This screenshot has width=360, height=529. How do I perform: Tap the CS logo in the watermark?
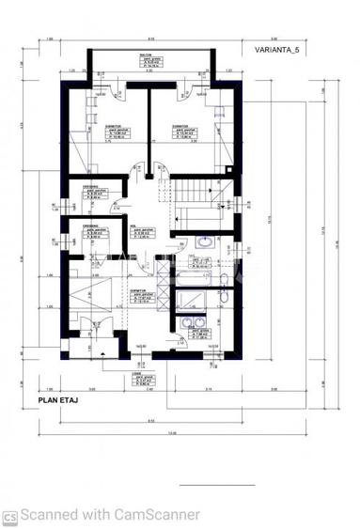[x=9, y=515]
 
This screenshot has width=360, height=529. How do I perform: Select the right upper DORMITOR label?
[x=182, y=124]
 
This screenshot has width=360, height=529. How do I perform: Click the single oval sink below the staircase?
[x=203, y=241]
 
